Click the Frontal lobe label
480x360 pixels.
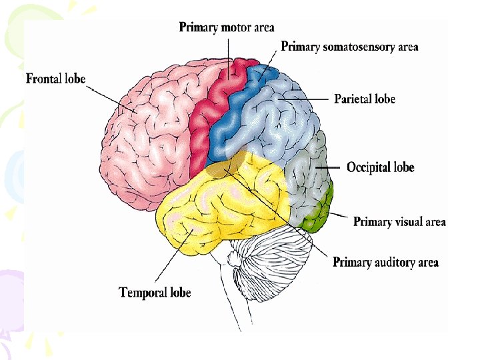(55, 79)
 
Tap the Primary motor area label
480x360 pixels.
(227, 27)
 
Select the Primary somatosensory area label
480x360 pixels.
(349, 47)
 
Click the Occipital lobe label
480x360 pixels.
(380, 167)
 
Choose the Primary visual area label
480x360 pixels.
(399, 222)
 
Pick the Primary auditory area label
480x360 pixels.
(385, 263)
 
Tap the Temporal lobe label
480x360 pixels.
(155, 293)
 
